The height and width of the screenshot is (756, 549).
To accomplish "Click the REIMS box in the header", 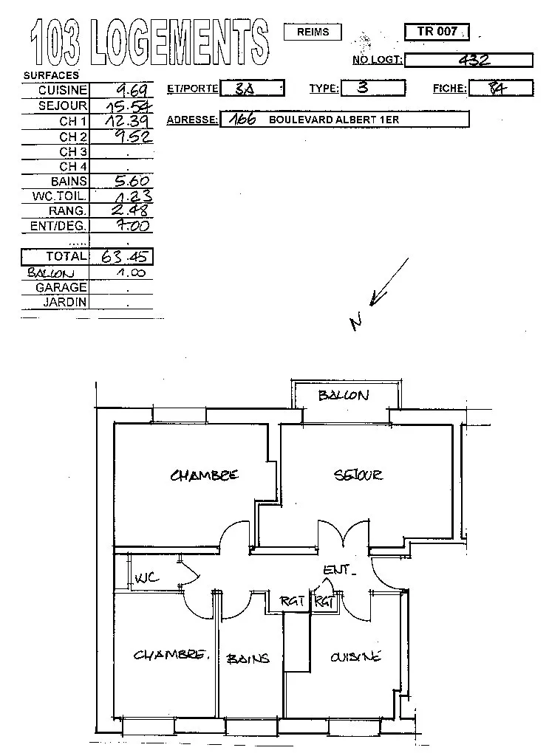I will pyautogui.click(x=313, y=32).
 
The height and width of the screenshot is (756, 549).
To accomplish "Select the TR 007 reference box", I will pyautogui.click(x=437, y=32).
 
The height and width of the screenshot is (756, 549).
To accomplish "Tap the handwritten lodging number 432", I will pyautogui.click(x=474, y=60).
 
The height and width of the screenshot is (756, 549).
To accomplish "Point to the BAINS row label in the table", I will pyautogui.click(x=69, y=181).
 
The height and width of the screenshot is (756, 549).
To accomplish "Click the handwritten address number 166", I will pyautogui.click(x=242, y=119).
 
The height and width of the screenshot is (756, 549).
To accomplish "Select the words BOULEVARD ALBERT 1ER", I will pyautogui.click(x=334, y=120).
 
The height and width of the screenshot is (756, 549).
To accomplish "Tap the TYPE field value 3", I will pyautogui.click(x=362, y=88).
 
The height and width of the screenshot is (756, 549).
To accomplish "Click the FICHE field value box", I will pyautogui.click(x=500, y=88).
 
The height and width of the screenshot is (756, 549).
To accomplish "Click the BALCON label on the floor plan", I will pyautogui.click(x=344, y=395).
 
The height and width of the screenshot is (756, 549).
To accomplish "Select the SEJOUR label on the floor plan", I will pyautogui.click(x=358, y=475).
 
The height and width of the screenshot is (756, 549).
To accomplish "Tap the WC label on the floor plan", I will pyautogui.click(x=146, y=578).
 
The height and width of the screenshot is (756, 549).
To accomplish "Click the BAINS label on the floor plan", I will pyautogui.click(x=248, y=658).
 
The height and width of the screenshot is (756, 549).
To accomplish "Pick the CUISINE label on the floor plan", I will pyautogui.click(x=355, y=656).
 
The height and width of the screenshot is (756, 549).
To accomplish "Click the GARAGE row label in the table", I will pyautogui.click(x=61, y=287).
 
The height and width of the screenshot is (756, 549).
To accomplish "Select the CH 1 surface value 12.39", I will pyautogui.click(x=131, y=120).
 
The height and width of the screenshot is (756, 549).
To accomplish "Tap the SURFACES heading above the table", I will pyautogui.click(x=51, y=75).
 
